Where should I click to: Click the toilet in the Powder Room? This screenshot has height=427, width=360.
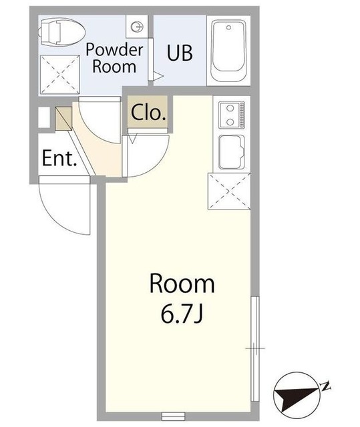[x=62, y=32]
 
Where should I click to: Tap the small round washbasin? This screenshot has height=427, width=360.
[x=136, y=27]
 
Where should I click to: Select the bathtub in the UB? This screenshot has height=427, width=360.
[x=228, y=51]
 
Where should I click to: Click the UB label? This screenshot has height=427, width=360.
[x=180, y=53]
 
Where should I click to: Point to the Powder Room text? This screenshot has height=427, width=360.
[x=114, y=58]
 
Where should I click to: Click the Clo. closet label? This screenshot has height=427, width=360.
[x=148, y=112]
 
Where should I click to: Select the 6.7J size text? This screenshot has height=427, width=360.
[x=182, y=314]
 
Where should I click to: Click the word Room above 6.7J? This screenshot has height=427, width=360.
[x=182, y=284]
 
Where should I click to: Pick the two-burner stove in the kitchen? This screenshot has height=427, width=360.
[x=232, y=115]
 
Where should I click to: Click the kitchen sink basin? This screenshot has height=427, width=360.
[x=232, y=152]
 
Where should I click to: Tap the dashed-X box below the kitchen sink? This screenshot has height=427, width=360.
[x=229, y=191]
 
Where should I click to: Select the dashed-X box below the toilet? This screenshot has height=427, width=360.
[x=59, y=75]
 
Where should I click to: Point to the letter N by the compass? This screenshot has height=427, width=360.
[x=326, y=386]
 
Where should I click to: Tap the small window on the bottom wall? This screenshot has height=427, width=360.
[x=174, y=416]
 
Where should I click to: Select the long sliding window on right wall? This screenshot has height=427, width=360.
[x=255, y=348]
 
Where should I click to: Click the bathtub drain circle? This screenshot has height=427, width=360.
[x=229, y=27]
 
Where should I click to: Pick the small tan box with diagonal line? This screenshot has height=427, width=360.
[x=63, y=119]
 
